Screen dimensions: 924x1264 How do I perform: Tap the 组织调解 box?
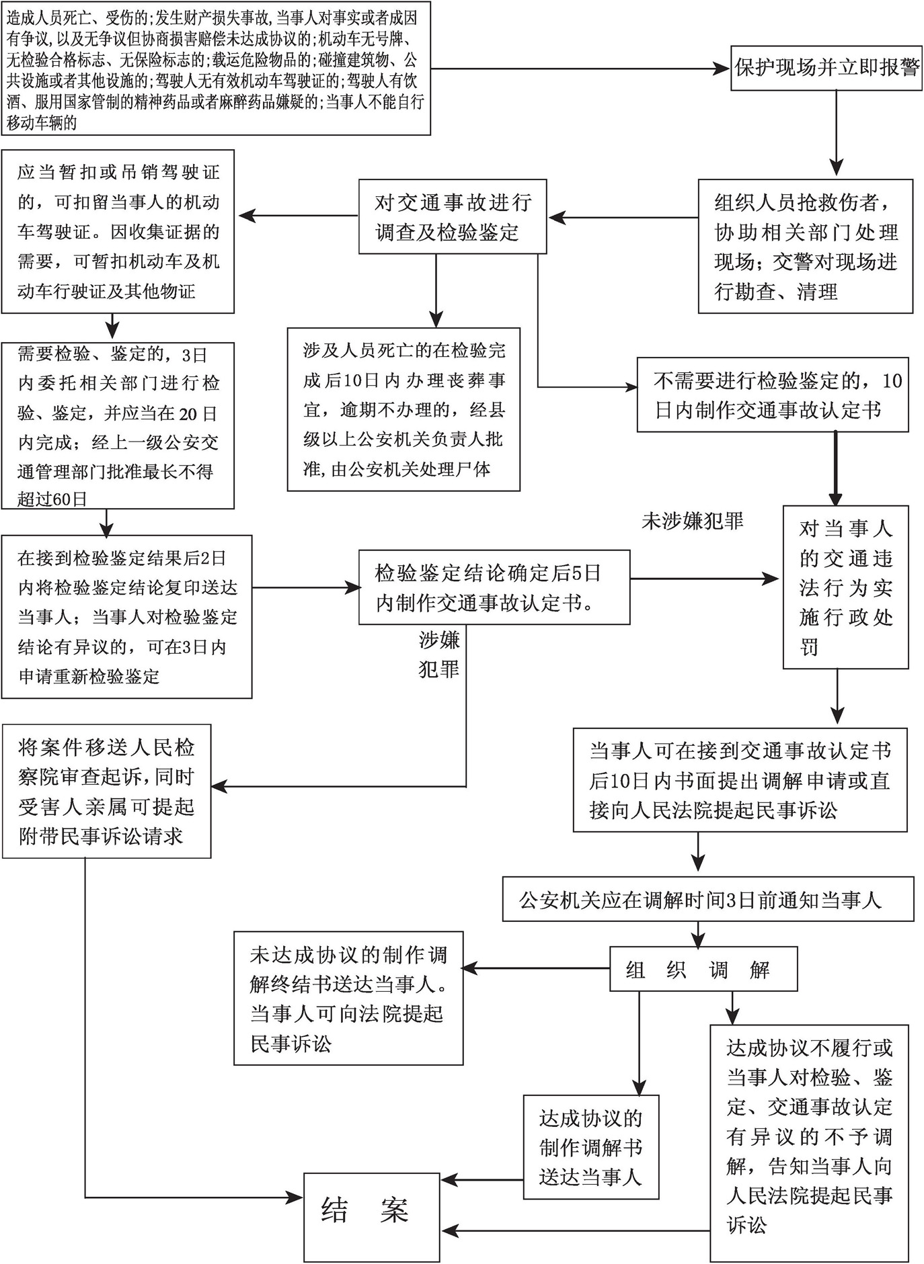click(703, 969)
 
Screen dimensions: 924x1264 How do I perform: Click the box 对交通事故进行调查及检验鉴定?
click(453, 216)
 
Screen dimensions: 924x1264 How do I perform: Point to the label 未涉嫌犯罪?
click(692, 521)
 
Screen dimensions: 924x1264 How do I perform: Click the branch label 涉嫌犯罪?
click(439, 655)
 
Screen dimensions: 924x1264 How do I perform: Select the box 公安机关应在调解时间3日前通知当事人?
click(708, 898)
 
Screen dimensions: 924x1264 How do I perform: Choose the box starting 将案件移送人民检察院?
click(106, 791)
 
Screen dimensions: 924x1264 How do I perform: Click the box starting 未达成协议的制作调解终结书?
click(348, 998)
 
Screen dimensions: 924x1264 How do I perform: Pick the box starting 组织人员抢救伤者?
click(806, 246)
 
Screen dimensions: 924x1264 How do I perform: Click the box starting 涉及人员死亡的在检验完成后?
click(403, 409)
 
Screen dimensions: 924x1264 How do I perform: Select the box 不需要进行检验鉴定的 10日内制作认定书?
click(773, 394)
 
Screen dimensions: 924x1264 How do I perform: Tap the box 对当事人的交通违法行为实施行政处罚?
click(845, 587)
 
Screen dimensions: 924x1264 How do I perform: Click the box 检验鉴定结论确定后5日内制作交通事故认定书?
click(494, 587)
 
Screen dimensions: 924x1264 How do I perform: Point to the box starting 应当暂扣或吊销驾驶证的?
click(118, 231)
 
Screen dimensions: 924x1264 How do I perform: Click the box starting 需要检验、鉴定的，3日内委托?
click(118, 425)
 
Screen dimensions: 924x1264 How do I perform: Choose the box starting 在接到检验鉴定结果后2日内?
click(126, 616)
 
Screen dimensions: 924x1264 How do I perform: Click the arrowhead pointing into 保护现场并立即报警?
click(724, 69)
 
